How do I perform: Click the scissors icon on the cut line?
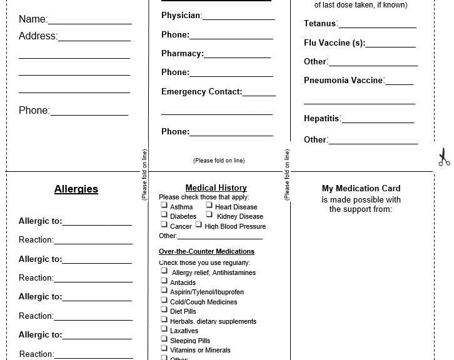(x=443, y=157)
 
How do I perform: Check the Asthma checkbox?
(x=164, y=205)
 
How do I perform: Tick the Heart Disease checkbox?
(x=209, y=205)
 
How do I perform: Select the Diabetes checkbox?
(x=164, y=215)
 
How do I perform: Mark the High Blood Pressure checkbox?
(x=198, y=224)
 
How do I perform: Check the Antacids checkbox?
(x=164, y=281)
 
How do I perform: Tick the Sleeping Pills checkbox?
(x=164, y=339)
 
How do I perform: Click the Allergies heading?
(x=76, y=189)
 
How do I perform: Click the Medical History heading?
(x=216, y=188)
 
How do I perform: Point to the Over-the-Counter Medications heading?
(x=206, y=252)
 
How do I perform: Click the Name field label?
(x=33, y=19)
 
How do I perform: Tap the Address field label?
(x=38, y=36)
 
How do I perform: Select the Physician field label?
(x=181, y=16)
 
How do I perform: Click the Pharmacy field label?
(x=182, y=54)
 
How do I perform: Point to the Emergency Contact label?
(x=201, y=92)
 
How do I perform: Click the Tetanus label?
(x=320, y=24)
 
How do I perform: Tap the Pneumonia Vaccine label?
(x=343, y=81)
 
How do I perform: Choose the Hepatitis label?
(x=321, y=119)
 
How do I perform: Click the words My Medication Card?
(x=361, y=189)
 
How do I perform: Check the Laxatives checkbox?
(x=164, y=329)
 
